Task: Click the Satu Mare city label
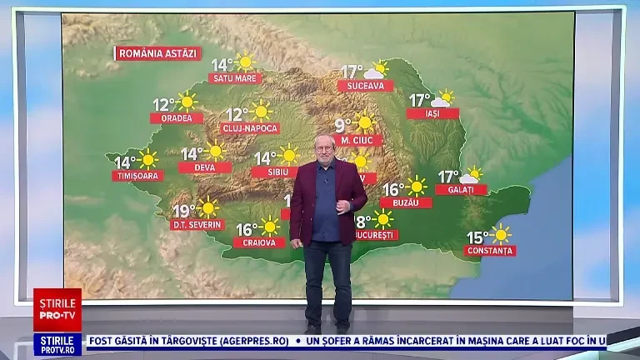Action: (x=235, y=78)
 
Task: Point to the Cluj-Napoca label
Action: (x=250, y=128)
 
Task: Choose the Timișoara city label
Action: (x=137, y=176)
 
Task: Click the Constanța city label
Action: (x=491, y=250)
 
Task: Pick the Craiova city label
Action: (x=259, y=242)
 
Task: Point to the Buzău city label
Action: (x=407, y=202)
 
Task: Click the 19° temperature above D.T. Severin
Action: (x=183, y=210)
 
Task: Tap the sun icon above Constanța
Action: (x=500, y=234)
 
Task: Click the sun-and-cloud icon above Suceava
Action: (x=377, y=69)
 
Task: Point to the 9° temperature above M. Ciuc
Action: (x=342, y=126)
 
